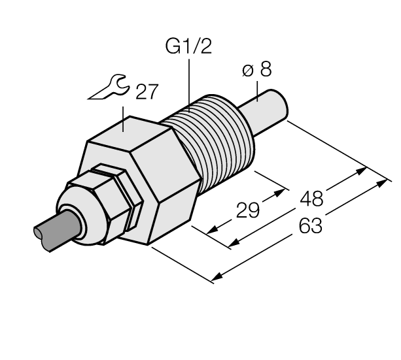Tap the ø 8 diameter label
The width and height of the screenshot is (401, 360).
click(257, 71)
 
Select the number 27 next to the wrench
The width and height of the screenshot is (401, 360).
click(145, 93)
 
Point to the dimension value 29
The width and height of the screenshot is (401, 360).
click(248, 210)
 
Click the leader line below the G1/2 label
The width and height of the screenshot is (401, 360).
click(189, 82)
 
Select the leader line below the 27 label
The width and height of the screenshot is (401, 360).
click(125, 116)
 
